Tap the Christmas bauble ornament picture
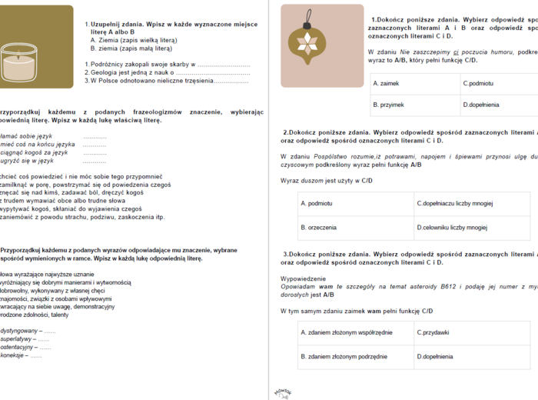(x=311, y=37)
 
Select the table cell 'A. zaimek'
(x=411, y=83)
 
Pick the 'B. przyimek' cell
(x=411, y=105)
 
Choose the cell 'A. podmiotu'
(x=353, y=204)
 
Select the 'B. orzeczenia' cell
(x=353, y=228)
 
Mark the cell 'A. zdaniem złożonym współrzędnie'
(x=353, y=332)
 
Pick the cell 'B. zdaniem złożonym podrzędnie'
(x=353, y=356)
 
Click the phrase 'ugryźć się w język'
(x=27, y=161)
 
